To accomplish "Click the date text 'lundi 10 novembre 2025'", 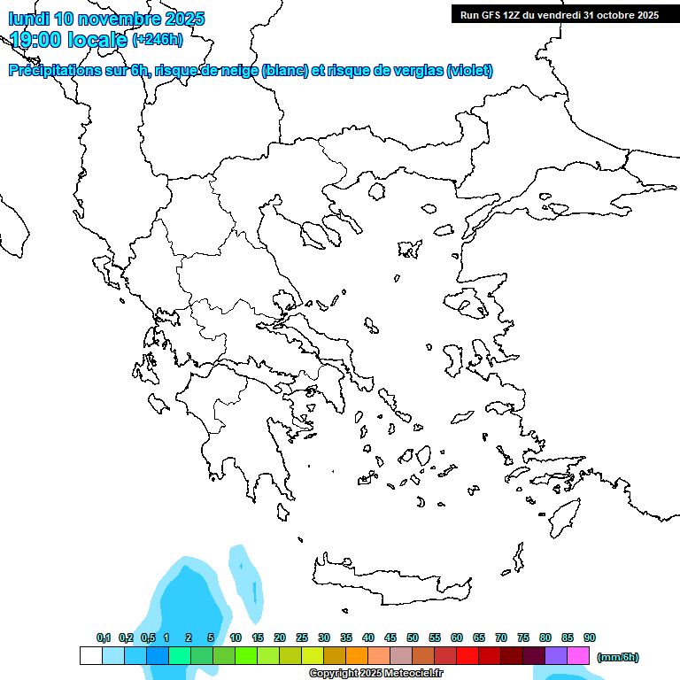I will [106, 19].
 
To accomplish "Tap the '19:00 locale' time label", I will [68, 39].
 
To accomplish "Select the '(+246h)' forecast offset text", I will [158, 39].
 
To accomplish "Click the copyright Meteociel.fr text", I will [375, 673].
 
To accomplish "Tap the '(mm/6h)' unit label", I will [618, 657].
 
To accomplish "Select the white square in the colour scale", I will [90, 656].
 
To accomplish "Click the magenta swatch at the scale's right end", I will [578, 656].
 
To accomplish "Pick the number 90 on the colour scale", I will [590, 637].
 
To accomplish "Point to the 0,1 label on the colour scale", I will [104, 637].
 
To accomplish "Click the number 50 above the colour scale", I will [413, 637].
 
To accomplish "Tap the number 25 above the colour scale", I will [302, 637].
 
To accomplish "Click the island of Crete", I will [390, 580].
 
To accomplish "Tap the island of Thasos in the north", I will [375, 190].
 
